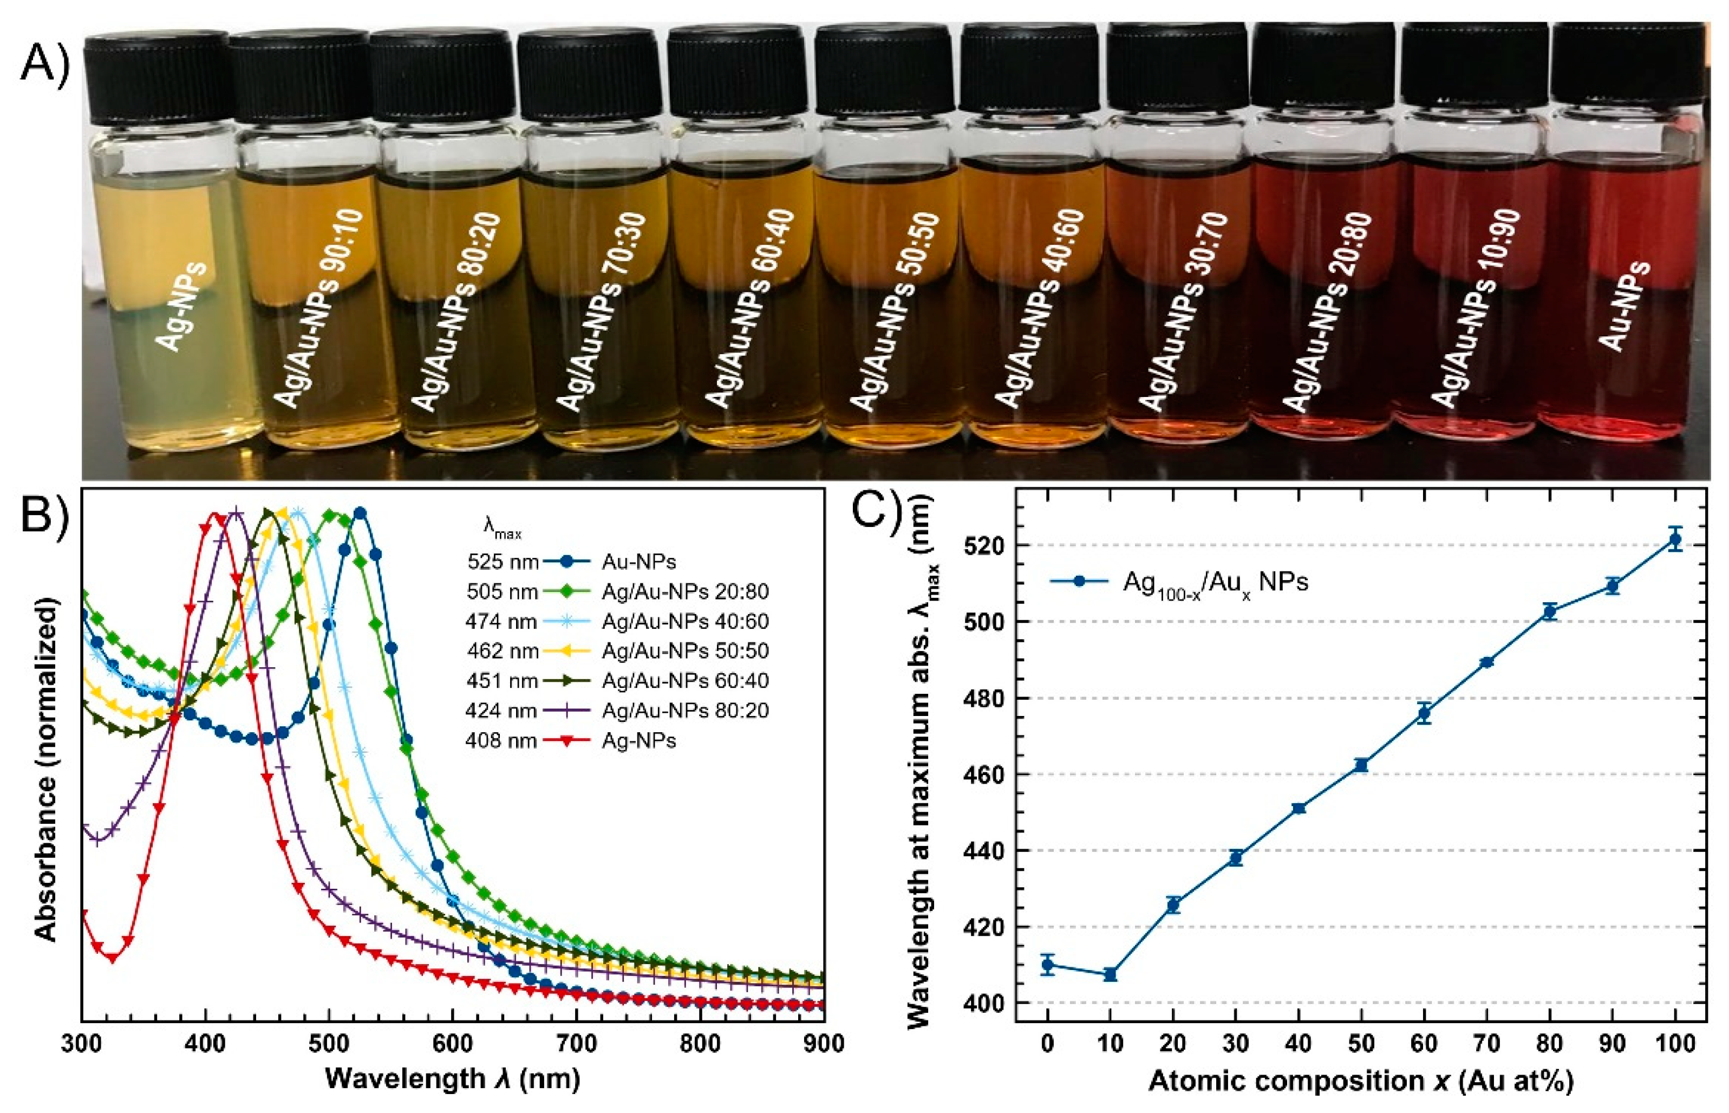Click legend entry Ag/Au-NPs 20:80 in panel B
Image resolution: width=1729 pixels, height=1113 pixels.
tap(684, 591)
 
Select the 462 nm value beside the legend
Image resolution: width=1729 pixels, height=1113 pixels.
tap(502, 651)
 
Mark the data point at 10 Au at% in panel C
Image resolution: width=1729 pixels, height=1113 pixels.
tap(1110, 974)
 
